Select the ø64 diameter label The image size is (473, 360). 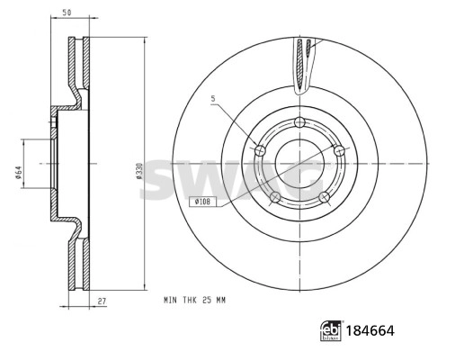tap(18, 166)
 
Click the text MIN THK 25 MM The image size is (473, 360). tap(194, 298)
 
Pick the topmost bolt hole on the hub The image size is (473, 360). tap(300, 124)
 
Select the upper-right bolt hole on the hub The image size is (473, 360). tap(339, 152)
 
